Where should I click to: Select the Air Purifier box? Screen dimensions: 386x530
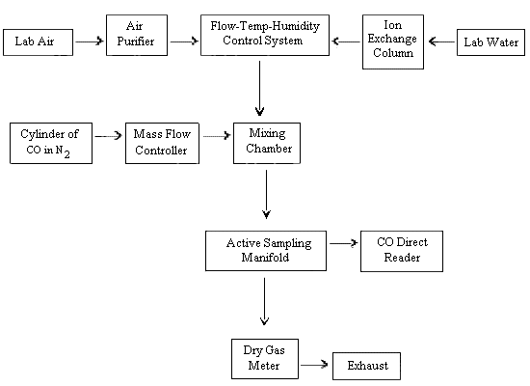136,34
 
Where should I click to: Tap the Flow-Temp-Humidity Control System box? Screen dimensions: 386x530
259,34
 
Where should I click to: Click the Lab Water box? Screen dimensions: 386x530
487,41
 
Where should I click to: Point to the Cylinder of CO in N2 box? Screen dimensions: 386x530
50,143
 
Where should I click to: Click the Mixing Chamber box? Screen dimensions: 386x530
267,143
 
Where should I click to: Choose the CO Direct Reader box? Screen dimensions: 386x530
401,250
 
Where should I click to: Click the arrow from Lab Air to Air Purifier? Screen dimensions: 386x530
89,41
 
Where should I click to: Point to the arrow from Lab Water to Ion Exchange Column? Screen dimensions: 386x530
441,41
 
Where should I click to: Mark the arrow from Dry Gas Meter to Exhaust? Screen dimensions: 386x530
313,366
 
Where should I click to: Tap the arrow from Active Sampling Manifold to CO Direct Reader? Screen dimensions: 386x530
342,244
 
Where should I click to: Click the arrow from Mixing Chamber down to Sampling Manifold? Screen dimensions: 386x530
265,197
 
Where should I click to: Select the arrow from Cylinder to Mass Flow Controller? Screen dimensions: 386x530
109,136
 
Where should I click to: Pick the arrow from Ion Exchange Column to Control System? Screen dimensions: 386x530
346,41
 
